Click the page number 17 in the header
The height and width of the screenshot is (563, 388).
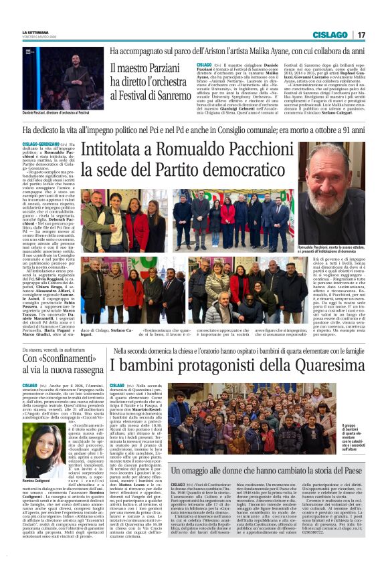coord(361,35)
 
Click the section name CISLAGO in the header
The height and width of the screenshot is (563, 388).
coord(330,35)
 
